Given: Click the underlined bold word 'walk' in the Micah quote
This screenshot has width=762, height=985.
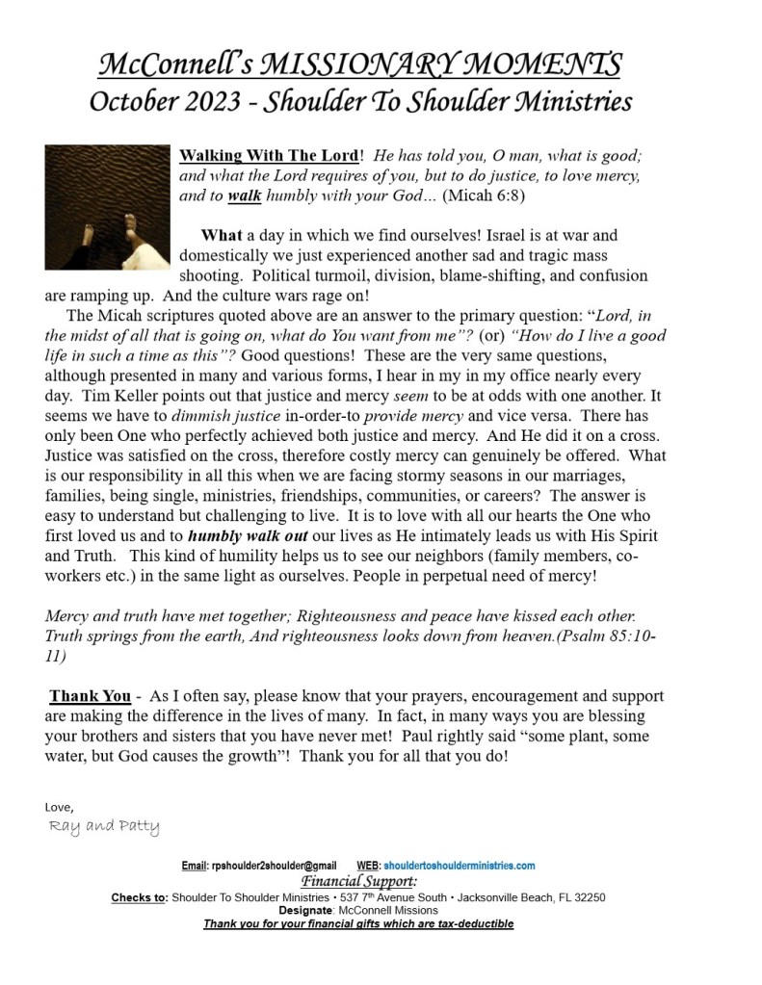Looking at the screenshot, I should (x=245, y=194).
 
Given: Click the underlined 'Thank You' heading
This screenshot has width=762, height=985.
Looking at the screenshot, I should (x=90, y=696).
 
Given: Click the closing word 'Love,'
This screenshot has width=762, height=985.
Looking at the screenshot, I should (x=60, y=805).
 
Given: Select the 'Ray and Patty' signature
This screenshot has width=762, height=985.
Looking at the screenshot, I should (x=103, y=827).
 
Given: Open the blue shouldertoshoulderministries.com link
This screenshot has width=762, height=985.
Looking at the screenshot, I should (x=460, y=866).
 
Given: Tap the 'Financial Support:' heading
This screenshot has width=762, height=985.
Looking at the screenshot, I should (x=358, y=881).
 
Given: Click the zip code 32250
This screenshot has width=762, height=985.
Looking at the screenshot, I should (x=587, y=897).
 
